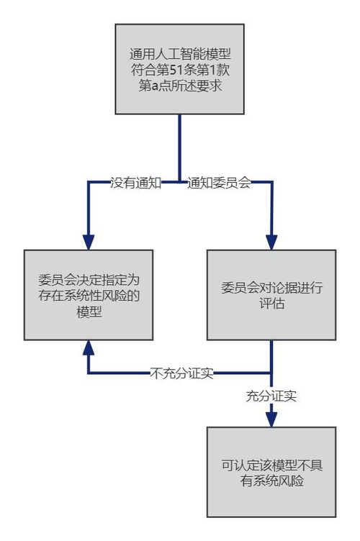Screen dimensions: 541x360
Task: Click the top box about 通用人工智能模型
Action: coord(179,68)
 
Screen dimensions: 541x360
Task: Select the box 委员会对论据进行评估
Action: coord(271,295)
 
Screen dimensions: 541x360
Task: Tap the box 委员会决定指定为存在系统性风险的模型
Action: coord(88,295)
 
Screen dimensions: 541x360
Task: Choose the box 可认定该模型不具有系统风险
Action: coord(271,472)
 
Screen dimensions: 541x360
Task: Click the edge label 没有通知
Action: coord(135,183)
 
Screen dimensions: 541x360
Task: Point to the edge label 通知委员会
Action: coord(219,183)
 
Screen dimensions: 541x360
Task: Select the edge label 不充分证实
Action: coord(181,373)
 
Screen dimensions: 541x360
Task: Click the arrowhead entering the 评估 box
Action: coord(271,242)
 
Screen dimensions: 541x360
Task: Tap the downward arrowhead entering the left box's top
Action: coord(88,242)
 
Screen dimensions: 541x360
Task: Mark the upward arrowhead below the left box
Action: coord(88,348)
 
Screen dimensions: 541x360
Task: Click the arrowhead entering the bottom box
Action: coord(271,419)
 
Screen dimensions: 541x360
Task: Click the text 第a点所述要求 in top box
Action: coord(179,86)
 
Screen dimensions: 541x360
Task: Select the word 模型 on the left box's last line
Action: coord(88,312)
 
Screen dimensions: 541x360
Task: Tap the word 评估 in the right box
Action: coord(271,304)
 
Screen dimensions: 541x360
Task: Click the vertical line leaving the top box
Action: coord(179,144)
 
